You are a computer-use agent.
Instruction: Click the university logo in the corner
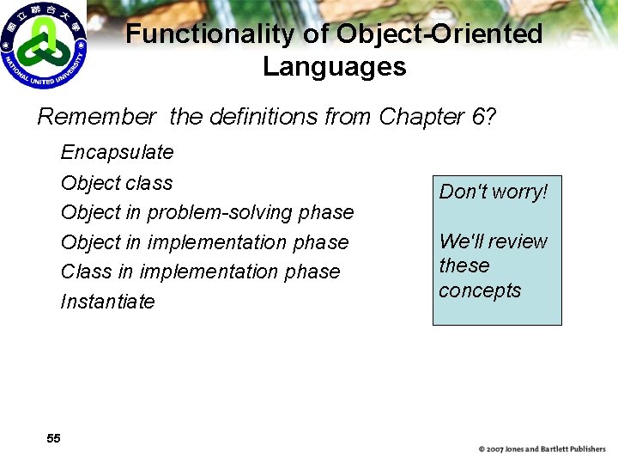[44, 45]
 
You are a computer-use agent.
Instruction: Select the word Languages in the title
[334, 67]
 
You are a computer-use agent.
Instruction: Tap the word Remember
[97, 116]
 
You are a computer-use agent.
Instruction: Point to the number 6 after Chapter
[478, 116]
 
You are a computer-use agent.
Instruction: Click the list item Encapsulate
[117, 153]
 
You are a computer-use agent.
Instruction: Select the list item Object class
[117, 183]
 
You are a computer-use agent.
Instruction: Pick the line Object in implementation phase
[204, 242]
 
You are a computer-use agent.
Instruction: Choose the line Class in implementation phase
[200, 272]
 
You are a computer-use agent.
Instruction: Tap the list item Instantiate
[107, 302]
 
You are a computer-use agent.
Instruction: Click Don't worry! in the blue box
[493, 192]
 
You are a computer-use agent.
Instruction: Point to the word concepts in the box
[480, 291]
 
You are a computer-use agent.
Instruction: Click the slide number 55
[53, 438]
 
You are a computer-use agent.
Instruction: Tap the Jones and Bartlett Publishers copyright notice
[542, 449]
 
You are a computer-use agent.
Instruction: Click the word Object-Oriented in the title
[439, 34]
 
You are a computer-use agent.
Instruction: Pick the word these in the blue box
[463, 266]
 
